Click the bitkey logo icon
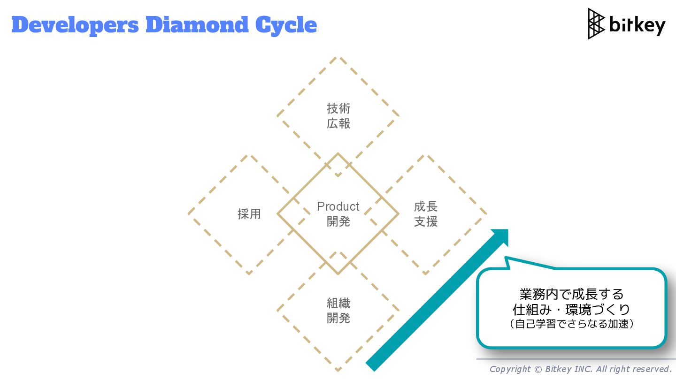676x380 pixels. click(x=596, y=23)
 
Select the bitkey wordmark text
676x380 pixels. click(x=637, y=25)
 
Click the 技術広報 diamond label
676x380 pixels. click(x=338, y=116)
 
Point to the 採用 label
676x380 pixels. click(x=249, y=214)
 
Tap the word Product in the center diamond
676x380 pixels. click(x=338, y=206)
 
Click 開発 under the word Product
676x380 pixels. click(x=338, y=221)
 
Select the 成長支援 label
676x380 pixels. click(x=426, y=214)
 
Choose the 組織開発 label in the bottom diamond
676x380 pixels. click(x=338, y=311)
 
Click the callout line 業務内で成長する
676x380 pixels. click(x=571, y=294)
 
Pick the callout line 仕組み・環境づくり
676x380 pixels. click(x=571, y=310)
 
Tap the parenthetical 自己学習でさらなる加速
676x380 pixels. click(x=571, y=324)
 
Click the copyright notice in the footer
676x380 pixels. click(x=580, y=369)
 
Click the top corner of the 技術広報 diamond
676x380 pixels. click(x=338, y=58)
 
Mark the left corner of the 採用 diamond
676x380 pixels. click(x=189, y=214)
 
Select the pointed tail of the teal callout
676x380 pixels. click(x=506, y=258)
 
